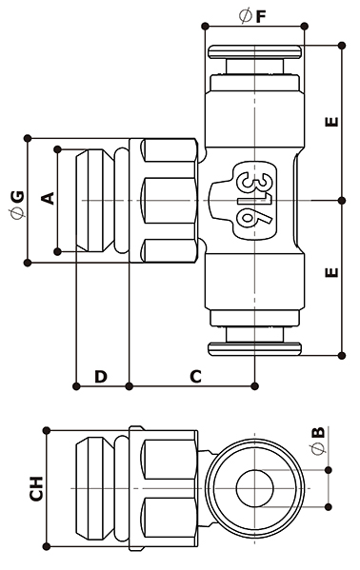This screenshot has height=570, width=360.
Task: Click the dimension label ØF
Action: coord(252,16)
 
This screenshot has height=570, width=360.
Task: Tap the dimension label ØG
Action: coord(17,205)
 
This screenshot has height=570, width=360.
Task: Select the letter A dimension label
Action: coord(48,199)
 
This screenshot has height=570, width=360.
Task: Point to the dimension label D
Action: coord(101,377)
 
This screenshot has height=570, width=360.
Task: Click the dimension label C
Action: coord(195,377)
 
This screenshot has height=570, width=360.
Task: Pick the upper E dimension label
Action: coord(331,122)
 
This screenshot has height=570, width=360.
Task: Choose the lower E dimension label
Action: coord(331,272)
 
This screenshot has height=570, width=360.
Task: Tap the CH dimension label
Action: coord(36,488)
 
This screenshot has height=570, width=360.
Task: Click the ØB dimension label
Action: coord(318,441)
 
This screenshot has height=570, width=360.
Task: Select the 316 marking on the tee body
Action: coord(256,200)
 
